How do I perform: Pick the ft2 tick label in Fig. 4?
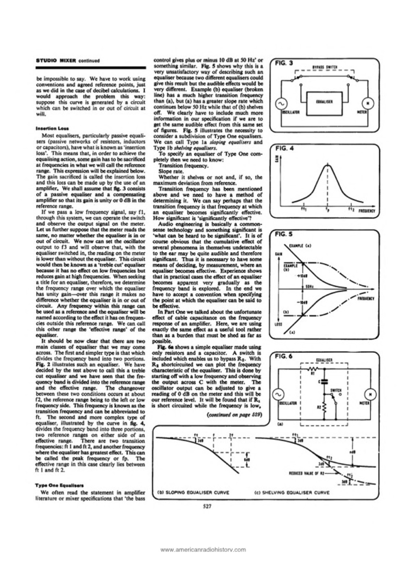click(350, 210)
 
